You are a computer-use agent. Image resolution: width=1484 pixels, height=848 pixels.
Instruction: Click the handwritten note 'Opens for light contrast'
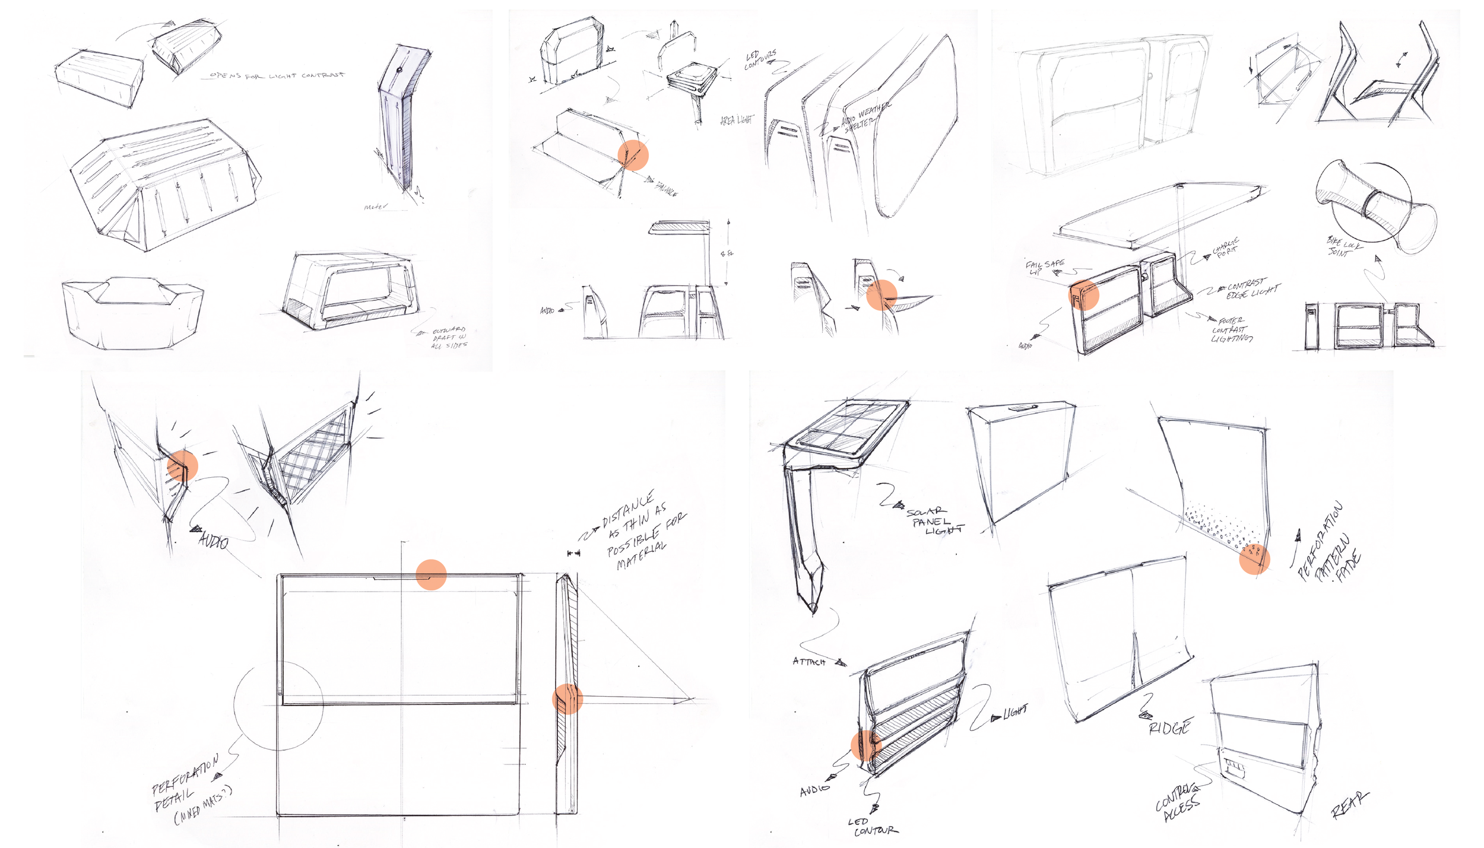pyautogui.click(x=277, y=76)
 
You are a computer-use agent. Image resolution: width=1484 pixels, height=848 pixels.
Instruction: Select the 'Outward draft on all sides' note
pyautogui.click(x=449, y=338)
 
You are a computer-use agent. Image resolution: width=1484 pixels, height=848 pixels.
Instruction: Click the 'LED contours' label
pyautogui.click(x=760, y=59)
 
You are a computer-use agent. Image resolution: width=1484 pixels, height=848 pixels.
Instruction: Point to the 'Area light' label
pyautogui.click(x=737, y=120)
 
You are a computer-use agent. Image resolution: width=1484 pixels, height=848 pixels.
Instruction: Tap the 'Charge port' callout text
pyautogui.click(x=1225, y=247)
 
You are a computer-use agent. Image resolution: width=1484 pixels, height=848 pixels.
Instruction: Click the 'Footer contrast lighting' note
pyautogui.click(x=1232, y=330)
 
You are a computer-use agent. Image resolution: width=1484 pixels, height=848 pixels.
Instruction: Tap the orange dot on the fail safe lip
pyautogui.click(x=1084, y=295)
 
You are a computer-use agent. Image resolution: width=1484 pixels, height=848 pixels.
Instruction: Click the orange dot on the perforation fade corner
pyautogui.click(x=1254, y=559)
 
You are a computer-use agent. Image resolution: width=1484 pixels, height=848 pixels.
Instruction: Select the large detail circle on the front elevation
pyautogui.click(x=278, y=706)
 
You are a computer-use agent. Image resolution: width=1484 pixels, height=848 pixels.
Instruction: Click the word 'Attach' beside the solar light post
pyautogui.click(x=808, y=661)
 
